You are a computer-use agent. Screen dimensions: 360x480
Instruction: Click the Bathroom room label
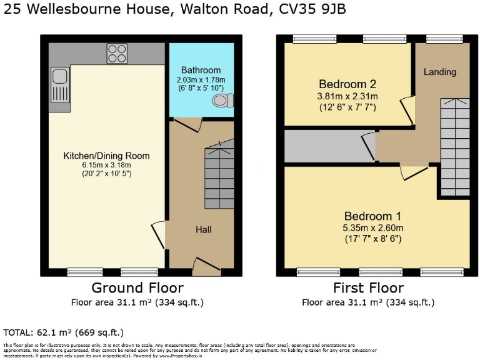pyautogui.click(x=201, y=70)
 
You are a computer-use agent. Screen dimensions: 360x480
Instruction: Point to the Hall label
pyautogui.click(x=203, y=230)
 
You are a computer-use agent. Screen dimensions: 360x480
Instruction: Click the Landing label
pyautogui.click(x=440, y=72)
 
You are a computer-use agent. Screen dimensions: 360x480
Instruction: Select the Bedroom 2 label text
pyautogui.click(x=348, y=84)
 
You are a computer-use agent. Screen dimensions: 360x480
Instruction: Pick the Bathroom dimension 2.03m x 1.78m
pyautogui.click(x=201, y=81)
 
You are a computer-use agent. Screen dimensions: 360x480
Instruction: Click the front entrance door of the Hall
pyautogui.click(x=206, y=267)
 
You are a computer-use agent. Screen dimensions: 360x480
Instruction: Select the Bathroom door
pyautogui.click(x=187, y=124)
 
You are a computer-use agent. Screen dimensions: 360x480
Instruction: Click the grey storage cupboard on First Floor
pyautogui.click(x=325, y=144)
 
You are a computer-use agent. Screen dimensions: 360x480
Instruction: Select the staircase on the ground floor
pyautogui.click(x=219, y=176)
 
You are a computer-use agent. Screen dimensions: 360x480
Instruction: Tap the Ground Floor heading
pyautogui.click(x=137, y=288)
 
